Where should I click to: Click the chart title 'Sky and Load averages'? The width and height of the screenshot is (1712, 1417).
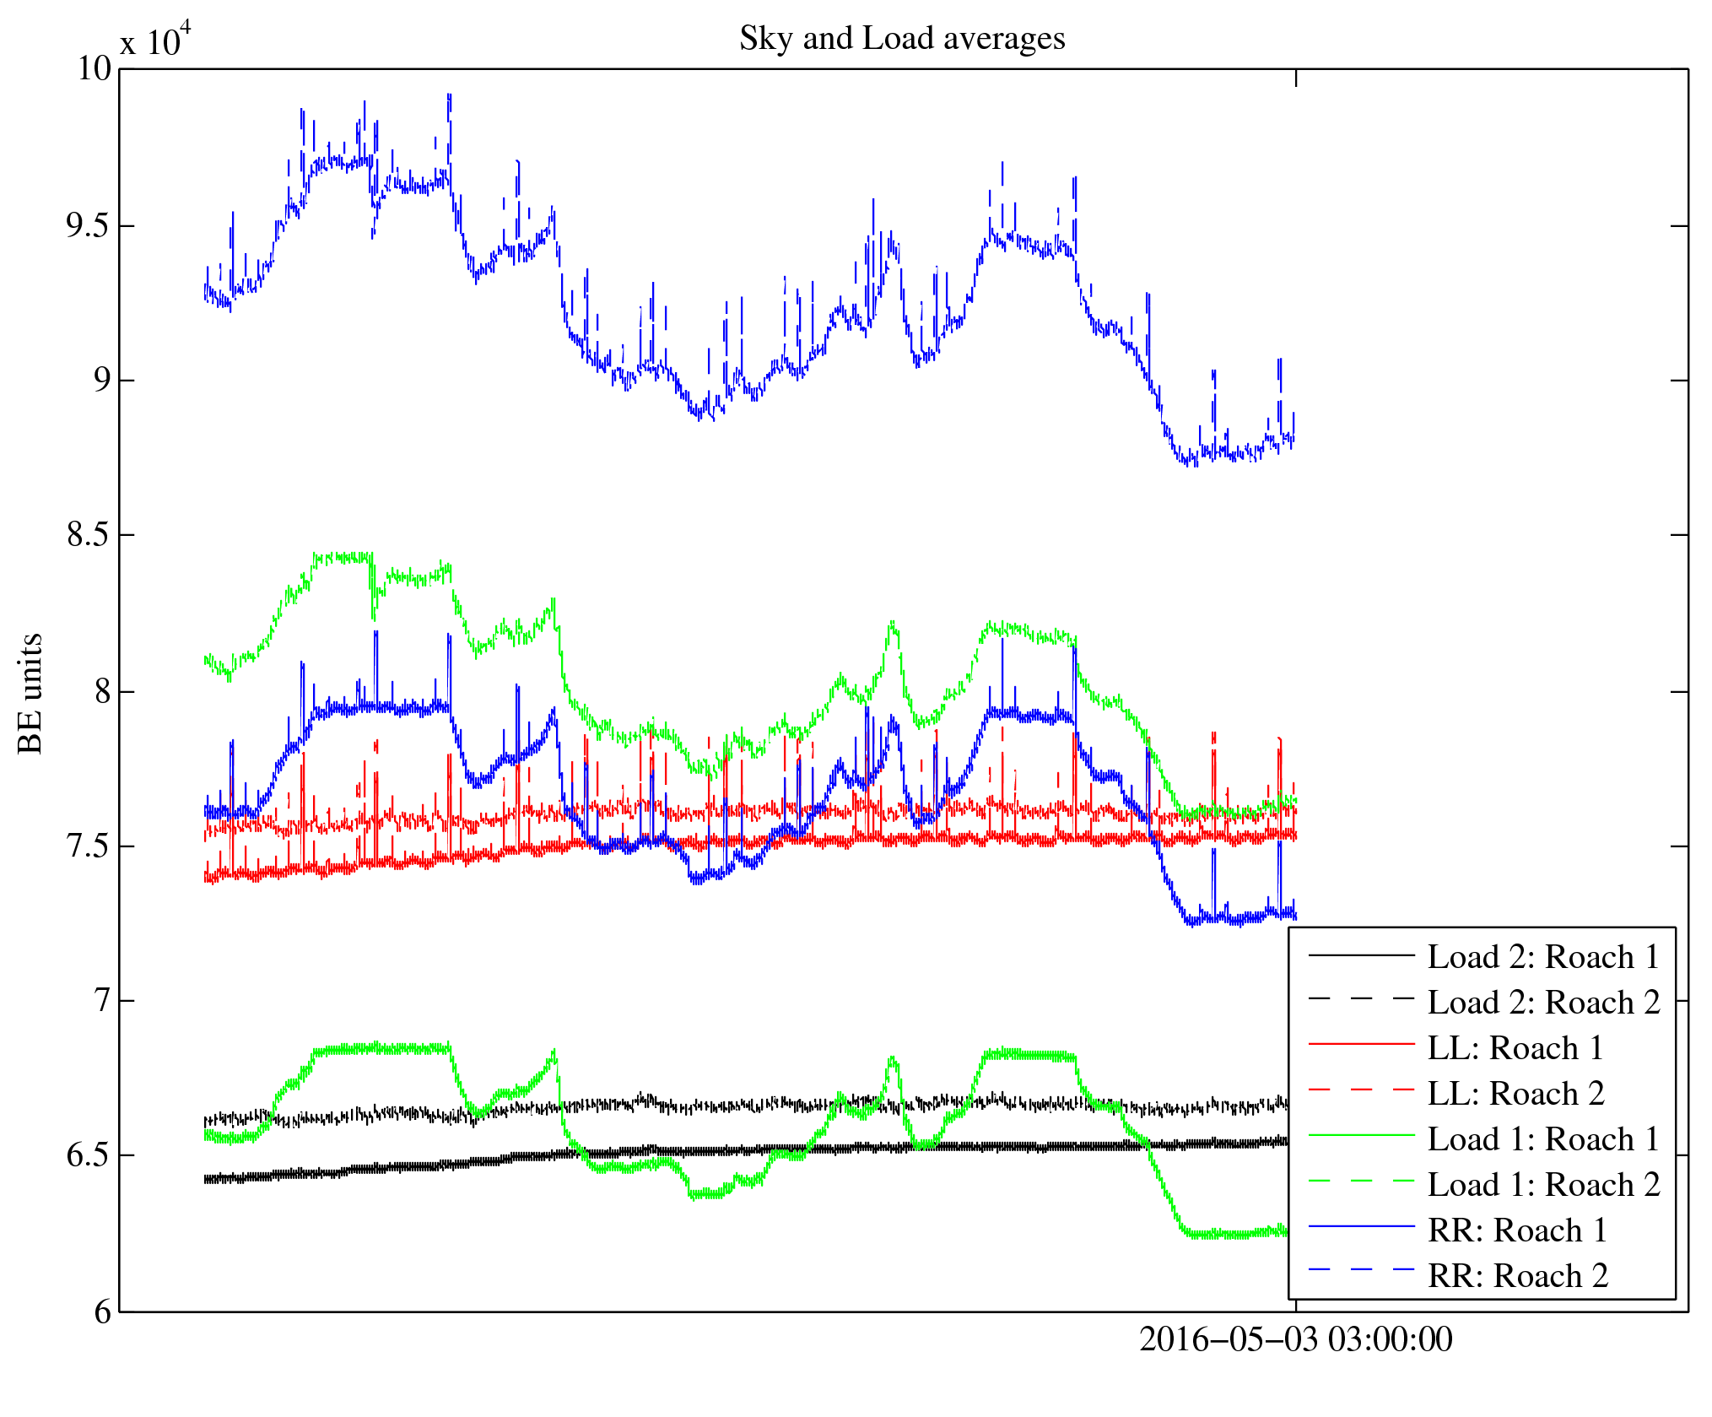pyautogui.click(x=902, y=39)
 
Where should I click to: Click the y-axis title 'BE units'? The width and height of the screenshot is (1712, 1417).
pyautogui.click(x=30, y=693)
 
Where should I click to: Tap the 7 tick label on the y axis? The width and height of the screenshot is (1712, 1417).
pyautogui.click(x=102, y=1001)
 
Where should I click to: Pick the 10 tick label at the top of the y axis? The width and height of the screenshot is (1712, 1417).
pyautogui.click(x=94, y=69)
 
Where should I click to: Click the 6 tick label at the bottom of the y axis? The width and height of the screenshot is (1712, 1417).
pyautogui.click(x=102, y=1312)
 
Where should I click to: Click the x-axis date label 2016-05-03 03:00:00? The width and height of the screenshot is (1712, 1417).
pyautogui.click(x=1296, y=1339)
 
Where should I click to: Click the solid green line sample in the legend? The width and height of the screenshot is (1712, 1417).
pyautogui.click(x=1361, y=1136)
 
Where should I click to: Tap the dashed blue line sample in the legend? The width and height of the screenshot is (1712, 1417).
pyautogui.click(x=1361, y=1268)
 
